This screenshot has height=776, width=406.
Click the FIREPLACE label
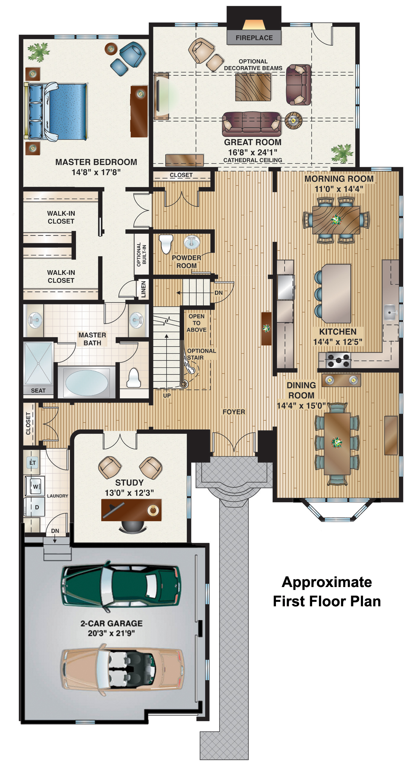tap(254, 38)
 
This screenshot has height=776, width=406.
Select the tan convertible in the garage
tap(123, 670)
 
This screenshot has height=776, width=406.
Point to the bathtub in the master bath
tap(86, 383)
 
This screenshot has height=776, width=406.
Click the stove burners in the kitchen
tap(338, 360)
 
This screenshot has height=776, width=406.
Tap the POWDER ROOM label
tap(187, 261)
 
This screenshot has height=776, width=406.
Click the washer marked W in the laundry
tap(35, 486)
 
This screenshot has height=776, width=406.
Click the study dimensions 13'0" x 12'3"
tap(129, 492)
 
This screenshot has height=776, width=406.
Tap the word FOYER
tap(234, 412)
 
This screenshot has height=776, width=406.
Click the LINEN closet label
tap(143, 289)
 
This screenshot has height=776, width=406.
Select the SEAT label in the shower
tap(38, 390)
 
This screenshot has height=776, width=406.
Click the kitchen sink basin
tap(390, 312)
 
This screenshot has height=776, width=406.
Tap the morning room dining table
tap(336, 220)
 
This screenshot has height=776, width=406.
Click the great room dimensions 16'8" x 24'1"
tap(253, 152)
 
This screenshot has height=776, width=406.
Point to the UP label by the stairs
tap(167, 395)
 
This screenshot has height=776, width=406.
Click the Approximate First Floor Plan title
tap(327, 591)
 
